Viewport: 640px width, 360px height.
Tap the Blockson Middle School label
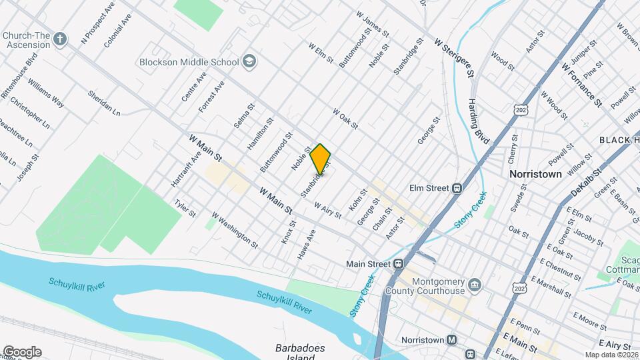(x=189, y=62)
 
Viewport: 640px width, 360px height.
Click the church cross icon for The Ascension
(x=61, y=38)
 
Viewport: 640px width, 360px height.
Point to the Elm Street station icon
(x=458, y=189)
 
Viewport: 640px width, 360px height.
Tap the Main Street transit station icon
(x=397, y=264)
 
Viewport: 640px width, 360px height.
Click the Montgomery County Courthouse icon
(x=474, y=287)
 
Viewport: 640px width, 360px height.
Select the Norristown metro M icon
(x=452, y=339)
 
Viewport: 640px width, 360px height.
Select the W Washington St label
(x=235, y=229)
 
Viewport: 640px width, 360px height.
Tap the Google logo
(x=21, y=352)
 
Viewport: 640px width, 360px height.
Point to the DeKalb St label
(x=586, y=181)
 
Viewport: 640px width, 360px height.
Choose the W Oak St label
(x=346, y=119)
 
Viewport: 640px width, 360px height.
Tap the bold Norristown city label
(x=535, y=173)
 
